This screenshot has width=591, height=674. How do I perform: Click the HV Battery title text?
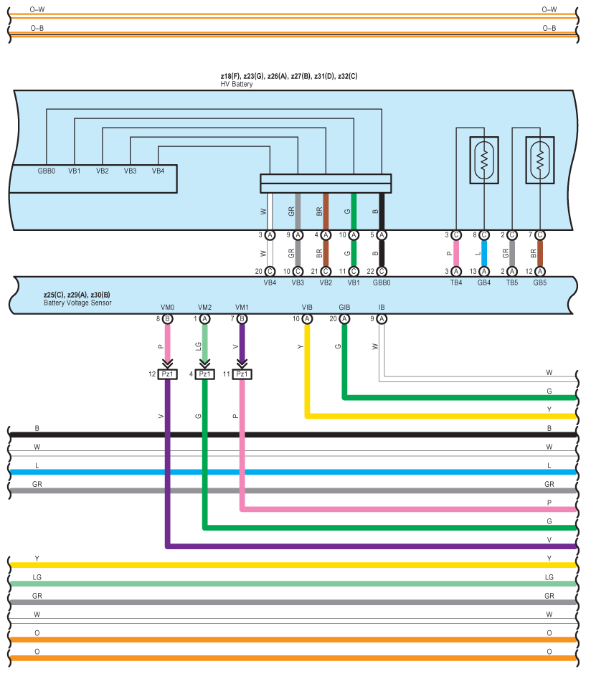(237, 85)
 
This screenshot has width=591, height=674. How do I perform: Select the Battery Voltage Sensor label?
(77, 303)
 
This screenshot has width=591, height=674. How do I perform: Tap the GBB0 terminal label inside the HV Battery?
(47, 171)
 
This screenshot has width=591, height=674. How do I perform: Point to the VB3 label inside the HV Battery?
(131, 171)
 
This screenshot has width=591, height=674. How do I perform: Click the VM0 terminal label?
(167, 308)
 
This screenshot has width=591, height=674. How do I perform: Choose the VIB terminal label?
(307, 308)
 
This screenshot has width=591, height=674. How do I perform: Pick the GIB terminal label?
(344, 308)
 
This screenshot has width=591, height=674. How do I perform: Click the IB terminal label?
(382, 308)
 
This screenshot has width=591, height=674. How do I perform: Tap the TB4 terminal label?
(456, 283)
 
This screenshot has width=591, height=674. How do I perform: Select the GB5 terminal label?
(540, 283)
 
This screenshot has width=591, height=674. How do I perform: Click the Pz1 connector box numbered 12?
(167, 374)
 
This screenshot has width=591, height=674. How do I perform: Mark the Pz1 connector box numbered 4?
(204, 374)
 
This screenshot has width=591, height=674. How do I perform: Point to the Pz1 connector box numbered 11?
(242, 374)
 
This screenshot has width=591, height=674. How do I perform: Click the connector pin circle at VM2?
(204, 319)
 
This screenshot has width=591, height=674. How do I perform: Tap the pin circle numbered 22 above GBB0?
(382, 272)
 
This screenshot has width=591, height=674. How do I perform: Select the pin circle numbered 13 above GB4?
(484, 272)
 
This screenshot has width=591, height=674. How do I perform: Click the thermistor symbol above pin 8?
(484, 161)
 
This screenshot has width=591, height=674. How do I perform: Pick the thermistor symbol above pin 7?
(540, 161)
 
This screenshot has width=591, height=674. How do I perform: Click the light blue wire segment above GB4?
(484, 253)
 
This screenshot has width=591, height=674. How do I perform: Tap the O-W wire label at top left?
(37, 9)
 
